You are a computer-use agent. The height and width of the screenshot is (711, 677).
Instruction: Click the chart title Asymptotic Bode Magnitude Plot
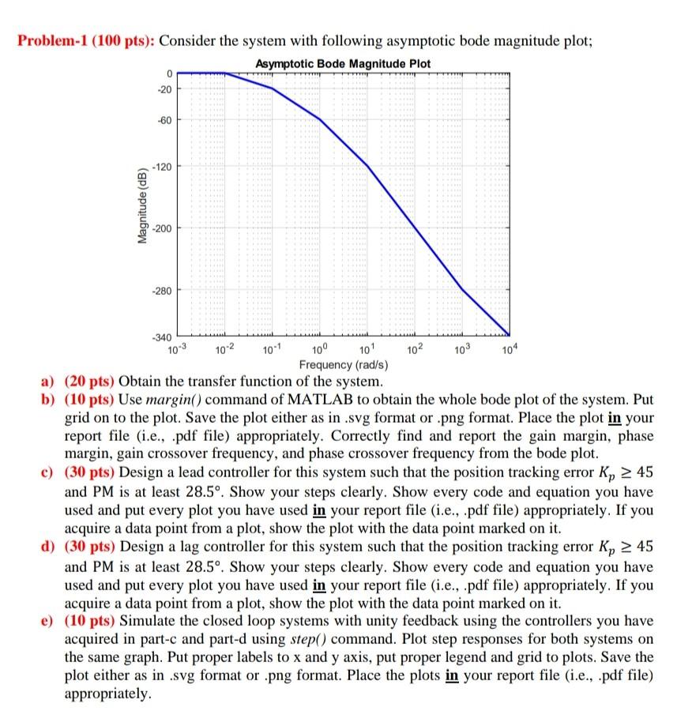coord(344,63)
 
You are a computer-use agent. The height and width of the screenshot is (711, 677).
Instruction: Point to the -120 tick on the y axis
coord(160,167)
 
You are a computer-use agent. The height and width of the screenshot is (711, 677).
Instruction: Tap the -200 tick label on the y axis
coord(160,228)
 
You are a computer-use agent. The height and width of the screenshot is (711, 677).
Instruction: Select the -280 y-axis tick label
coord(160,291)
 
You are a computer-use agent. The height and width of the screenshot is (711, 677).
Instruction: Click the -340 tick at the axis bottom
coord(160,337)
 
